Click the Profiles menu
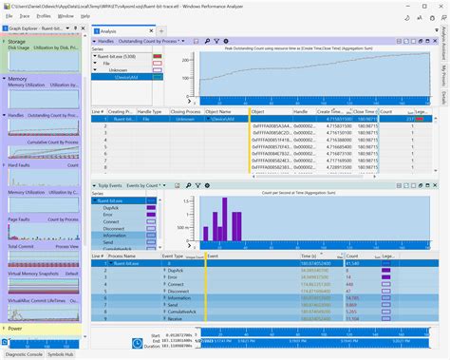[x=43, y=16]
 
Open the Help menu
[x=86, y=16]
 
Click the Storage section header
[x=17, y=41]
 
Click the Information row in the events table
[x=179, y=297]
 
